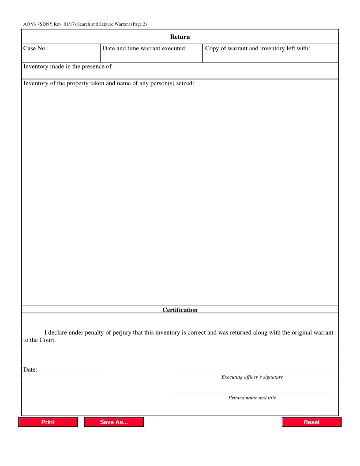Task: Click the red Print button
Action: click(48, 422)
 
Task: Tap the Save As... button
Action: click(114, 422)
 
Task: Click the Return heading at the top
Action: click(180, 37)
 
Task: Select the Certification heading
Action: click(180, 310)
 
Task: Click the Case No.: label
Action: click(36, 48)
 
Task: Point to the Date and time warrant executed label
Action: click(145, 48)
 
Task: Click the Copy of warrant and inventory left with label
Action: click(258, 48)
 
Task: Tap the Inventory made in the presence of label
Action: click(69, 67)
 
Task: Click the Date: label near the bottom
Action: click(30, 370)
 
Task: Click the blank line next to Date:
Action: click(71, 372)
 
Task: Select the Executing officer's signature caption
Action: click(252, 377)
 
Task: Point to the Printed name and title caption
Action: click(252, 398)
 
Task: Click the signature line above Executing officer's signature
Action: click(252, 372)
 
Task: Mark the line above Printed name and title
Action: click(252, 393)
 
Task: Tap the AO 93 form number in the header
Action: click(30, 24)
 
